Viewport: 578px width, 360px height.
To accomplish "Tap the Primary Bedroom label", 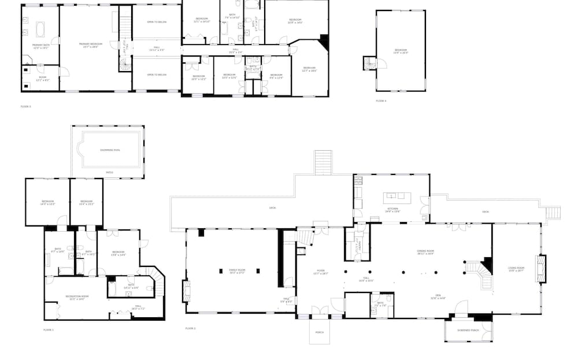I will pos(91,44).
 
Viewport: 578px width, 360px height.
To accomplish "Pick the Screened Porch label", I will pos(467,330).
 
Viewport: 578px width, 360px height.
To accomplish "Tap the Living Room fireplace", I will pos(541,269).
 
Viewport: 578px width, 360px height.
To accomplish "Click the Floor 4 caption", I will pos(381,101).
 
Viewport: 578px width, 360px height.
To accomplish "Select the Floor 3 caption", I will pos(25,106).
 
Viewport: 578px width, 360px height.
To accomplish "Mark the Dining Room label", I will pos(425,252).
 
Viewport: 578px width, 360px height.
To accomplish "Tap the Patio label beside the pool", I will pos(109,172).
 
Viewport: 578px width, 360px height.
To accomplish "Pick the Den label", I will pos(437,298).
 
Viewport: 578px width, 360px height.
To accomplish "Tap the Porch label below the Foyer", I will pos(319,332).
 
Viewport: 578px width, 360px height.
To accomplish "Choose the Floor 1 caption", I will pos(49,329).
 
